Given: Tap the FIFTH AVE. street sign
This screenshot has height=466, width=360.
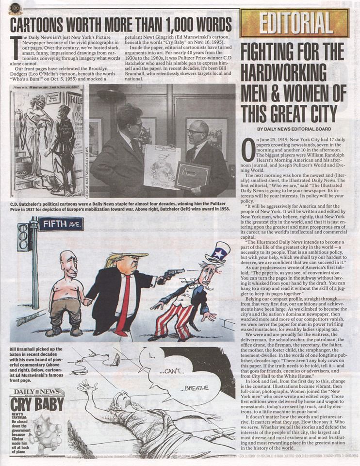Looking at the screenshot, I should pyautogui.click(x=61, y=224).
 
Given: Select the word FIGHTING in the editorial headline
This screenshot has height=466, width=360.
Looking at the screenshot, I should pyautogui.click(x=273, y=50).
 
